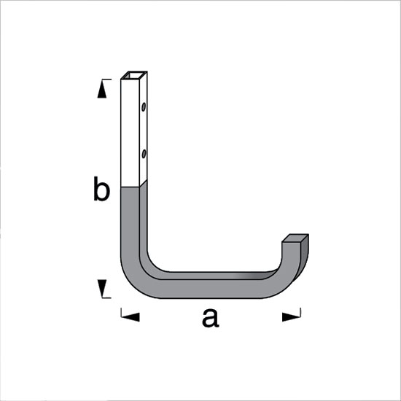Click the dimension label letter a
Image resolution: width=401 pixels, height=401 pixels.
(210, 319)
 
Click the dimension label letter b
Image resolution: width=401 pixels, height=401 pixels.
(101, 189)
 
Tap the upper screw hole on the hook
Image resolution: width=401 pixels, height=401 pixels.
(144, 107)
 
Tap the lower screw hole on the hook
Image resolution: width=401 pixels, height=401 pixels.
(144, 154)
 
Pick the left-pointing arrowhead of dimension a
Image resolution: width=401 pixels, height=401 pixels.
(131, 317)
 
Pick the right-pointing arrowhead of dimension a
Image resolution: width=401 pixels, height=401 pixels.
(291, 317)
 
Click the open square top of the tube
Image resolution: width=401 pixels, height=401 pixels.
(134, 75)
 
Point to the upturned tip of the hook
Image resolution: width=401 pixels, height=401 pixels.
(294, 246)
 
